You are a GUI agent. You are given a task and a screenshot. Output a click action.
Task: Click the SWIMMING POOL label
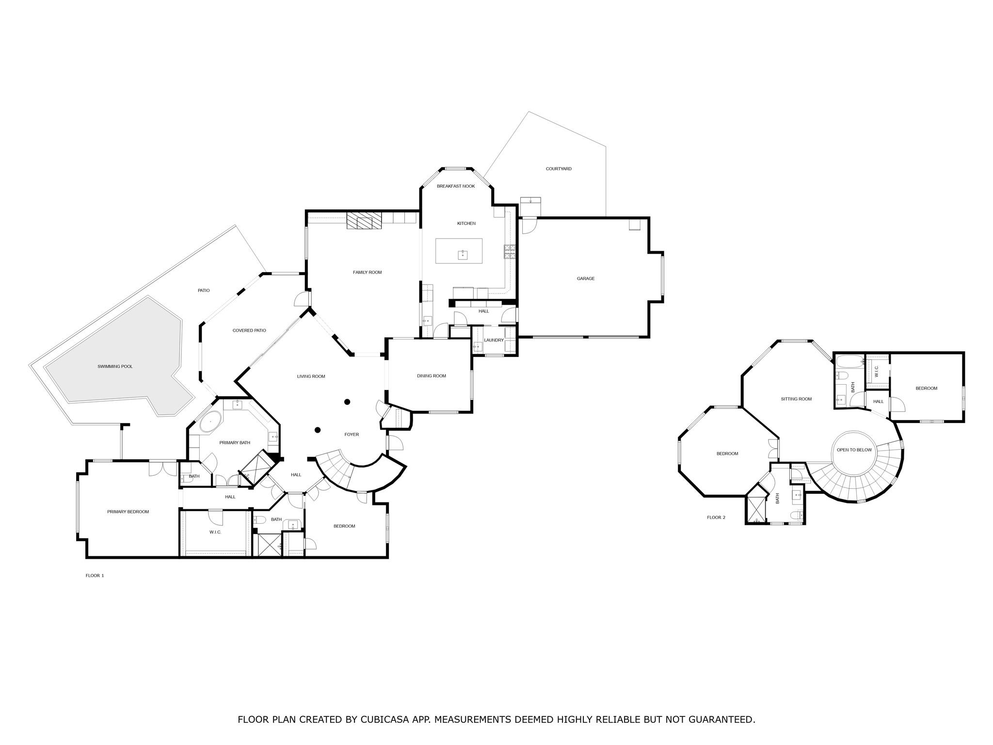(115, 367)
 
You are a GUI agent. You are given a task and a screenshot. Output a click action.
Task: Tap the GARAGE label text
(585, 279)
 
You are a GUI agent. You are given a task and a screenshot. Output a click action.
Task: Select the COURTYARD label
(559, 169)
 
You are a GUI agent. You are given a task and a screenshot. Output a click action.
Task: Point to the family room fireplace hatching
(364, 221)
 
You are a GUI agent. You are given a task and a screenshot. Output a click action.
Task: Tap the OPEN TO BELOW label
(854, 450)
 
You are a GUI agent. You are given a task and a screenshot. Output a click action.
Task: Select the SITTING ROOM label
(796, 399)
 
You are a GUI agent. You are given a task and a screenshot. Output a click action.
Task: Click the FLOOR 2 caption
(716, 518)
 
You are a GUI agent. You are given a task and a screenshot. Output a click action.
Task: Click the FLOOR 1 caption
(95, 576)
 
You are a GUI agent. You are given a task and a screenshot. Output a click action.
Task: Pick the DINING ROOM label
(431, 376)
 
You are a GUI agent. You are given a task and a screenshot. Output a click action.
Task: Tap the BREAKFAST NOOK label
(456, 186)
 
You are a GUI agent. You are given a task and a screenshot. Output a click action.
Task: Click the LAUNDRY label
(494, 340)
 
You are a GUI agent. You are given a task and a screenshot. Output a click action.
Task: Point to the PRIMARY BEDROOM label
(128, 512)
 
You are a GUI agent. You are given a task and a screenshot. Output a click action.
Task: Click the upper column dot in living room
(347, 402)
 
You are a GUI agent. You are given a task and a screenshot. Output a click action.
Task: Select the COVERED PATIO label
(249, 331)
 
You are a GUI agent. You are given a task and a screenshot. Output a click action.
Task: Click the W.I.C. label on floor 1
(215, 533)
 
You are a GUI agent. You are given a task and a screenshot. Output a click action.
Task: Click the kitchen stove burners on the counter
(510, 251)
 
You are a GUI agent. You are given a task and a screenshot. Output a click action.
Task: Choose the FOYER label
(352, 435)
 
